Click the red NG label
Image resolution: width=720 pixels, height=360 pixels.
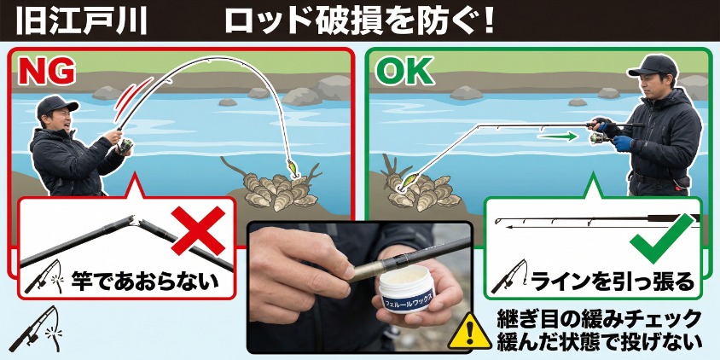(47, 72)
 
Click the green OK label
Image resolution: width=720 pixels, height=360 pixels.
(404, 72)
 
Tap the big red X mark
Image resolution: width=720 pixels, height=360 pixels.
(199, 230)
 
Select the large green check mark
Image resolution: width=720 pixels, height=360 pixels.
(662, 239)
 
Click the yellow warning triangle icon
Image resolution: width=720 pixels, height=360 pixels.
(470, 331)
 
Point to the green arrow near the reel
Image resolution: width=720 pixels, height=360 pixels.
(557, 136)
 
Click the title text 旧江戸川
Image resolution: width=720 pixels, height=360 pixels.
(81, 21)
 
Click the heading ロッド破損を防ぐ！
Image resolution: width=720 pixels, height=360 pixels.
(359, 21)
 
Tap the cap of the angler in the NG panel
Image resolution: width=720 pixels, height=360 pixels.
(56, 105)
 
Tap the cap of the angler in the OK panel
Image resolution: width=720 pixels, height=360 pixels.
(653, 66)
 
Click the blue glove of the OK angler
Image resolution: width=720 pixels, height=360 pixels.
(623, 143)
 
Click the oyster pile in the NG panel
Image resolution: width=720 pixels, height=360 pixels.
(278, 190)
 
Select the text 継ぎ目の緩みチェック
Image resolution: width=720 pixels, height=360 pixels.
(600, 319)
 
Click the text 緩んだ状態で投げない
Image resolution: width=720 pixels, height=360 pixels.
(600, 340)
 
